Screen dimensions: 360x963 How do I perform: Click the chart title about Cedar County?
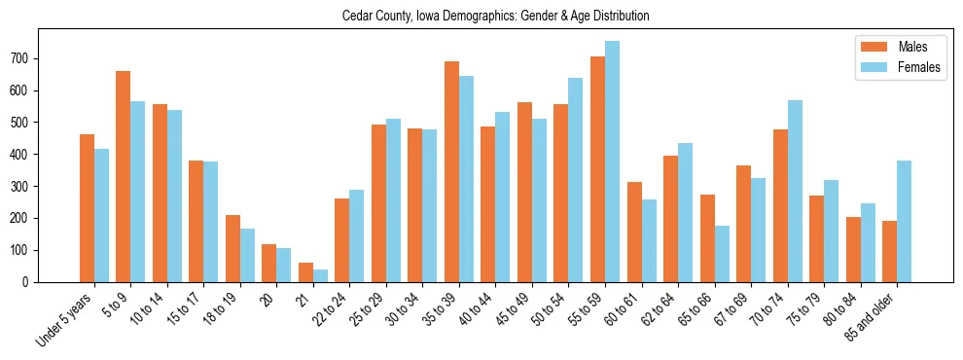(x=495, y=17)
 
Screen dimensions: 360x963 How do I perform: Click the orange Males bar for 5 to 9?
(x=124, y=176)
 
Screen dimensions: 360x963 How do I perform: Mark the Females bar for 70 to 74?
(x=795, y=191)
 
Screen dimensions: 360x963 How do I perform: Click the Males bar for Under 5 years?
(x=87, y=208)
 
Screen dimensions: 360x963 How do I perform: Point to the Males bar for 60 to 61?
(x=634, y=232)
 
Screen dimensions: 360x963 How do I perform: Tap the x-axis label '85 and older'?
(x=873, y=317)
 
